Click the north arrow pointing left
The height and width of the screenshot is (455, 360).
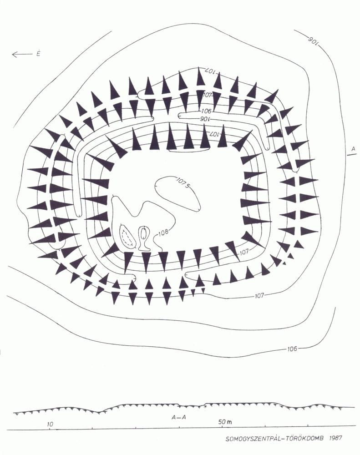click(x=22, y=54)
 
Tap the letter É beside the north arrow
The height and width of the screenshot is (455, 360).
click(x=38, y=54)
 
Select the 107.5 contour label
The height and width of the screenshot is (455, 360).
click(x=183, y=182)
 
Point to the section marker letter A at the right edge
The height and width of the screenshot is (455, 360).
click(x=353, y=149)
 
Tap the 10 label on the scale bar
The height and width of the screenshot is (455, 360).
click(x=50, y=424)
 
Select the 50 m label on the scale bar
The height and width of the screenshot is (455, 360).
click(x=225, y=422)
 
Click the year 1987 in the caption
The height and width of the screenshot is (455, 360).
click(x=335, y=438)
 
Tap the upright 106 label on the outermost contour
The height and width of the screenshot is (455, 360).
click(x=292, y=348)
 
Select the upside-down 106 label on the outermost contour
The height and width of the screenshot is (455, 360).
click(x=313, y=40)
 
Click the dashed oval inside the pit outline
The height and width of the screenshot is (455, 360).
click(x=128, y=236)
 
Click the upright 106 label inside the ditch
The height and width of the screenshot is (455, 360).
click(x=206, y=111)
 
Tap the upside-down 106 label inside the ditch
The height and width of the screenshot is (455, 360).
click(x=205, y=119)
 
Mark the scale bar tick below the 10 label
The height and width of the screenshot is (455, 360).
click(x=49, y=429)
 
